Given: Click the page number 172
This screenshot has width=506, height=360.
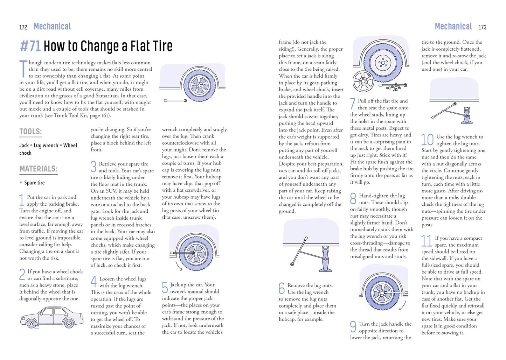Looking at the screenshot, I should (23, 27).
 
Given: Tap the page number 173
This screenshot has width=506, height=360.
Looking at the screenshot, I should (482, 27).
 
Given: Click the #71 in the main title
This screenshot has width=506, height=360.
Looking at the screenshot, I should (30, 46).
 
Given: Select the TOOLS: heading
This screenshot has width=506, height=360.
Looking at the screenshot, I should (30, 132).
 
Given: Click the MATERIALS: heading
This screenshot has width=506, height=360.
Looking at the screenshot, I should (38, 169).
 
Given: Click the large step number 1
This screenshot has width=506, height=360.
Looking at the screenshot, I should (22, 200).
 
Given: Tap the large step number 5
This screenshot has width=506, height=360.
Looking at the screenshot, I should (165, 288).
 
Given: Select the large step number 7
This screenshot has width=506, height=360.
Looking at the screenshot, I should (353, 104).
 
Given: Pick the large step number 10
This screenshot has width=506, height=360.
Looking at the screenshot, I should (427, 140).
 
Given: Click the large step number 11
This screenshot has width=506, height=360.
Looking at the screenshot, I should (427, 241).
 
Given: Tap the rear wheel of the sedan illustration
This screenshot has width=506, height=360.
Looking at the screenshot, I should (69, 323).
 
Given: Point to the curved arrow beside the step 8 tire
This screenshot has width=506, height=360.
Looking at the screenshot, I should (402, 305).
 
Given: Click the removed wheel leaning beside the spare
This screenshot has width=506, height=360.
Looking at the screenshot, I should (363, 81).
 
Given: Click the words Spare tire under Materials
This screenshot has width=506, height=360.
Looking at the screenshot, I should (34, 183).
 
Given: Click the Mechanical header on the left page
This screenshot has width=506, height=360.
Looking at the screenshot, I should (52, 27).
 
